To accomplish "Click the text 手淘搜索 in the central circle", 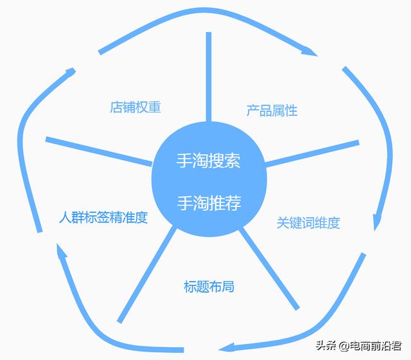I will coord(209,161).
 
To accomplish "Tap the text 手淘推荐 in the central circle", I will coord(209,204).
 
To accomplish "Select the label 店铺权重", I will coord(135,107).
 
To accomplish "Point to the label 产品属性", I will coord(272,110).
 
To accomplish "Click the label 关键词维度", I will coord(308,223).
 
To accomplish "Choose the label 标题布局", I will coord(209,286).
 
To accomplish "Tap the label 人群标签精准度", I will coord(103,217).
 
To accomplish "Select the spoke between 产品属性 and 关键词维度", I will coord(313,153).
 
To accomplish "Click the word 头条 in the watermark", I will coord(326,347).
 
